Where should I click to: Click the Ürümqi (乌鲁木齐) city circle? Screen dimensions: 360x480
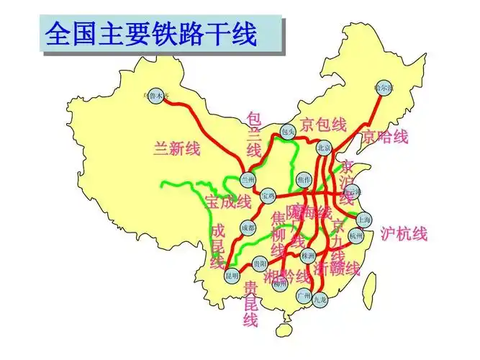(x=156, y=94)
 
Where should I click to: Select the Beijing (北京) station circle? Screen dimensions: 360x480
(x=324, y=148)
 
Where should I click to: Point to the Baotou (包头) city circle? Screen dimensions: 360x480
(x=288, y=132)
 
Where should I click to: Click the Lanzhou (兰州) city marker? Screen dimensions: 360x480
(x=248, y=180)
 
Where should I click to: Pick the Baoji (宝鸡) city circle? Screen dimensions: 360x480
(x=268, y=195)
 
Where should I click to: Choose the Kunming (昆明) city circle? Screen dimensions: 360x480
(x=231, y=275)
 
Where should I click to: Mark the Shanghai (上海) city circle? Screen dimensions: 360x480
(x=365, y=220)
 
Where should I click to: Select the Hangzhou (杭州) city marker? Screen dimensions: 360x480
(x=357, y=235)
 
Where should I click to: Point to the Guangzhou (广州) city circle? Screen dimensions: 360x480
(x=303, y=295)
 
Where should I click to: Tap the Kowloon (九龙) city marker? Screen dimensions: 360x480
(x=320, y=302)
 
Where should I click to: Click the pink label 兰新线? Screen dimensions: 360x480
(x=177, y=149)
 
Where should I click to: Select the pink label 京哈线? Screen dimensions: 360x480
(x=385, y=136)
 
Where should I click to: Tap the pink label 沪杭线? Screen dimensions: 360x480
(x=404, y=234)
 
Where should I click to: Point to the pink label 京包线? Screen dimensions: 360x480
(x=324, y=124)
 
